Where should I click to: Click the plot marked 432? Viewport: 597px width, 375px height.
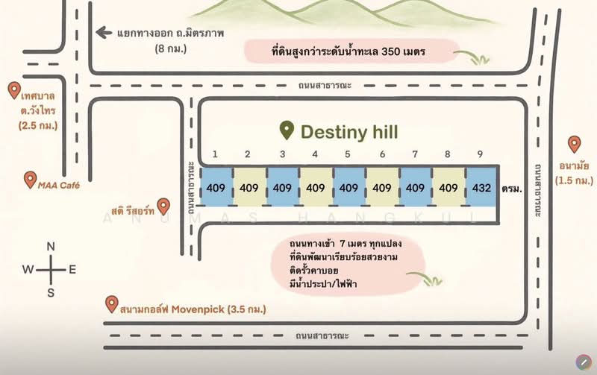[x=481, y=188]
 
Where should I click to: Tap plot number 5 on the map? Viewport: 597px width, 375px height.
[x=348, y=188]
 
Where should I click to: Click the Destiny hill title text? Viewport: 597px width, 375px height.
[x=349, y=133]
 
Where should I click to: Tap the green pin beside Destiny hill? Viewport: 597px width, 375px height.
[x=286, y=131]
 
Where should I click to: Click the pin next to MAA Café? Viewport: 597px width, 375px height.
[x=30, y=180]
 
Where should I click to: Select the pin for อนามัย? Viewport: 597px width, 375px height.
[x=574, y=144]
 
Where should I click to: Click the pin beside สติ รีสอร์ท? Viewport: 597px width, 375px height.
[x=164, y=207]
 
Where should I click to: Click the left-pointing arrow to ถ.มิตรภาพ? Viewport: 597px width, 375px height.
[x=104, y=33]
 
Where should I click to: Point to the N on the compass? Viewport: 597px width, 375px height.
[x=51, y=247]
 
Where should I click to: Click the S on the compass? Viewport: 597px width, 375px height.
[x=51, y=292]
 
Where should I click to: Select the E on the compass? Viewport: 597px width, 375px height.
[x=72, y=270]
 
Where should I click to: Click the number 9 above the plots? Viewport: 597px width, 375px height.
[x=481, y=154]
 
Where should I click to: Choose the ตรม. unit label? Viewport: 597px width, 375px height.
[x=511, y=189]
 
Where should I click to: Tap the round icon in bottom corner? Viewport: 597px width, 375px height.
[x=582, y=362]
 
